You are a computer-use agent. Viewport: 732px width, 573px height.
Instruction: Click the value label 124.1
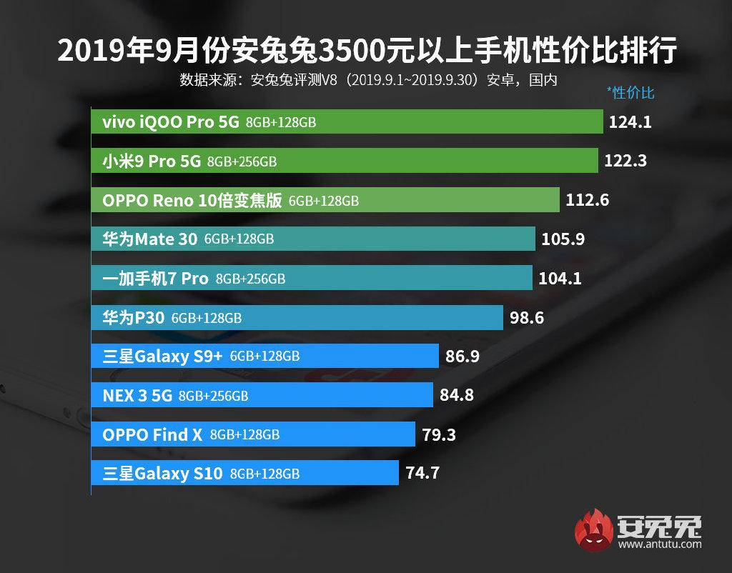(x=630, y=122)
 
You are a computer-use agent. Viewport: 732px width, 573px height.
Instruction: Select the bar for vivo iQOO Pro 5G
(x=347, y=122)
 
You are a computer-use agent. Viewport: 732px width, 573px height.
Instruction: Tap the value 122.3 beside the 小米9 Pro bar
(x=625, y=161)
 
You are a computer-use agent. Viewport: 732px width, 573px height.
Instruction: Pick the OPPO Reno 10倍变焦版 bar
(x=325, y=200)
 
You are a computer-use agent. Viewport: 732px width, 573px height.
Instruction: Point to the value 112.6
(x=587, y=200)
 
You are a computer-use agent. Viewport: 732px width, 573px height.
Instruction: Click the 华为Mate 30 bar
(x=313, y=239)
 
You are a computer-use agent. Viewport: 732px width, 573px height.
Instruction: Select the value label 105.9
(x=563, y=239)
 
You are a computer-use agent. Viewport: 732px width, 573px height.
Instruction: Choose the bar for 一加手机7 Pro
(x=312, y=278)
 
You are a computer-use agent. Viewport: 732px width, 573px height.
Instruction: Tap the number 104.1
(x=560, y=278)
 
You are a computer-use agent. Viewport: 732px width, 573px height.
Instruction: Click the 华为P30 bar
(x=297, y=317)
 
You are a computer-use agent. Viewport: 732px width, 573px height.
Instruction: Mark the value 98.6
(x=527, y=317)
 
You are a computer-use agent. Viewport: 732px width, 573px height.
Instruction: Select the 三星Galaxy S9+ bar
(x=264, y=356)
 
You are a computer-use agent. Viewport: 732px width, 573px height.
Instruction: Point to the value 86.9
(x=462, y=356)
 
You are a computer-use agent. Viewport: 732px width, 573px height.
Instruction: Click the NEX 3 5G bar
(x=262, y=394)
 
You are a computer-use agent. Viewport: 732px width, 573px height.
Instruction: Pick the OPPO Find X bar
(x=253, y=434)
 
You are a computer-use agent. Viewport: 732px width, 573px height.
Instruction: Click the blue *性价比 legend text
(x=630, y=92)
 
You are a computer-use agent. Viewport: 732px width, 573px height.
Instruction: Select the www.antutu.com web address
(x=661, y=545)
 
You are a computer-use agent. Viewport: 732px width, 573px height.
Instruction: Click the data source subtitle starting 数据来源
(x=367, y=79)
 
